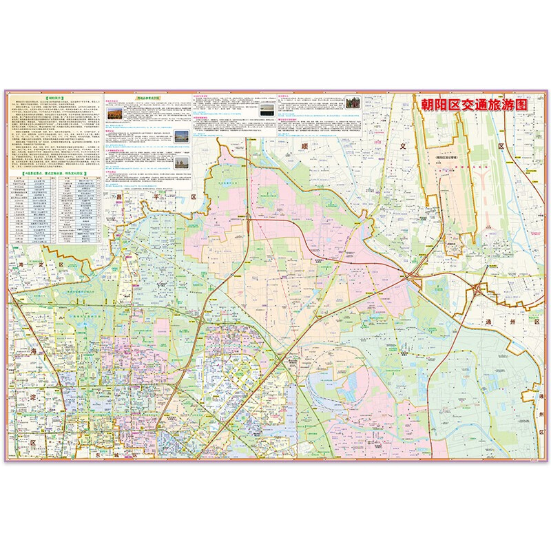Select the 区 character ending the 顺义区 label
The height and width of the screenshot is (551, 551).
coord(501,147)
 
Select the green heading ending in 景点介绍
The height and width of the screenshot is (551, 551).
coord(148,98)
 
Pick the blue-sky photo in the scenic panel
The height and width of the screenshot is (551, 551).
coord(180,136)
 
